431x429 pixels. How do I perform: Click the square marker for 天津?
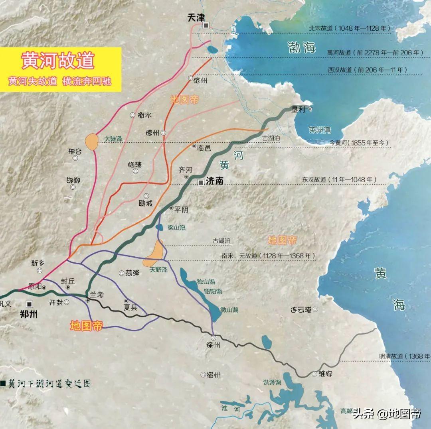tap(206, 26)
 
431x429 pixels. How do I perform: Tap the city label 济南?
tap(215, 181)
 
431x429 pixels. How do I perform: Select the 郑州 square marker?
tap(29, 303)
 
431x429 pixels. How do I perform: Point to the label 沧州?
tap(200, 80)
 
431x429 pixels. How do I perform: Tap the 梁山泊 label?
tap(176, 228)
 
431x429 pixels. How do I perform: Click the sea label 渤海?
tap(302, 48)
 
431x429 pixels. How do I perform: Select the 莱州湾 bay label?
tap(320, 130)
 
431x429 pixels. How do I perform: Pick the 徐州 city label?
tap(211, 344)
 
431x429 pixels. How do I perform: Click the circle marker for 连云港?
tap(315, 309)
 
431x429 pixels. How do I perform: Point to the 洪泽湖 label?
tap(272, 382)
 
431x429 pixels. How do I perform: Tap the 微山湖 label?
tap(229, 309)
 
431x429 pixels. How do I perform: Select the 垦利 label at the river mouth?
tap(299, 108)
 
